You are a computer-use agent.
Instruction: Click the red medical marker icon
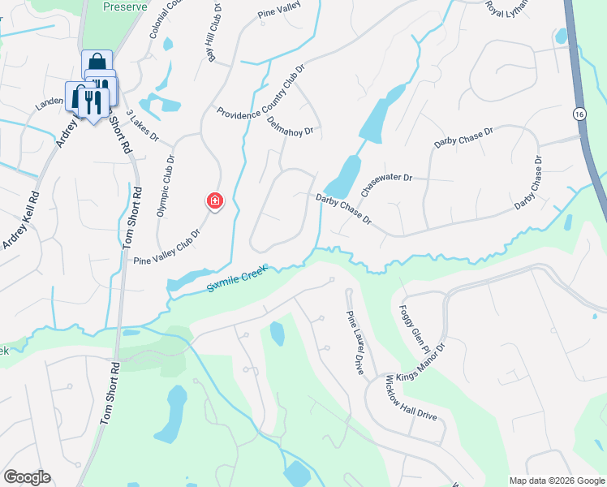pos(214,200)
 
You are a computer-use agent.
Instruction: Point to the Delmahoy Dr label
pos(290,126)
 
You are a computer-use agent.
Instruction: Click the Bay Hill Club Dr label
pos(214,36)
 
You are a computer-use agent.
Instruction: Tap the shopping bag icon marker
pos(97,62)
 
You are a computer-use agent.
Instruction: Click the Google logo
pos(27,477)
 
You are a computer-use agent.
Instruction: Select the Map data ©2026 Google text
pos(556,481)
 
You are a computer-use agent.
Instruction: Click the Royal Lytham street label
pos(507,7)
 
